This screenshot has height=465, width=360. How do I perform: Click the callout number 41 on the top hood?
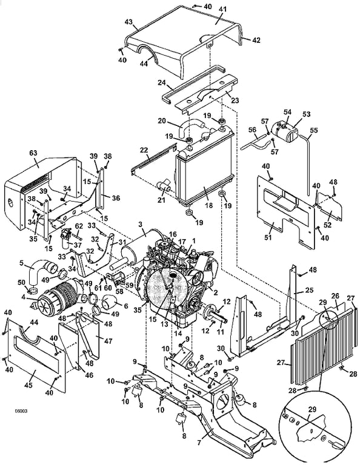[x=222, y=10]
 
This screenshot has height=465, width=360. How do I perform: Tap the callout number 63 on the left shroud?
[x=33, y=153]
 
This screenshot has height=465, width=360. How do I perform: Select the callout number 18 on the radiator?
[x=209, y=205]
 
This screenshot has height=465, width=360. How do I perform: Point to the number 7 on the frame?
[x=199, y=443]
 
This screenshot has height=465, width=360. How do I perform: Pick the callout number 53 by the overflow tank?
[x=306, y=114]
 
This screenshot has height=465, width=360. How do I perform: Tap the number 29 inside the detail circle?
[x=312, y=410]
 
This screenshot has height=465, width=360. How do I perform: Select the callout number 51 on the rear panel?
[x=268, y=237]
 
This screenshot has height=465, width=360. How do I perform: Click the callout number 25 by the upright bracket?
[x=309, y=290]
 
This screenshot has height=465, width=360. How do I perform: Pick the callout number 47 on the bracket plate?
[x=108, y=341]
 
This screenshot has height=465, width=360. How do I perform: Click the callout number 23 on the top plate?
[x=235, y=101]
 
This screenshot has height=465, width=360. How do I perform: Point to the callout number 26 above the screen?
[x=335, y=295]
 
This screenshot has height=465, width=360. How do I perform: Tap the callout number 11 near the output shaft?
[x=220, y=332]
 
